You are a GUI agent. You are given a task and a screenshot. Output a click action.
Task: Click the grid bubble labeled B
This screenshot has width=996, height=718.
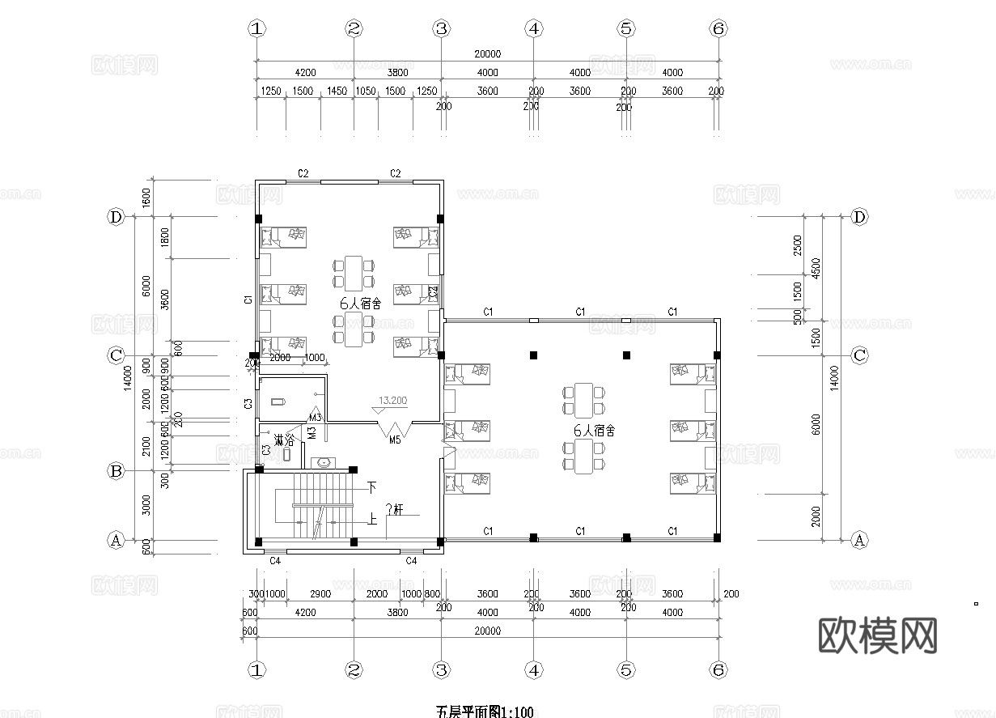(x=116, y=470)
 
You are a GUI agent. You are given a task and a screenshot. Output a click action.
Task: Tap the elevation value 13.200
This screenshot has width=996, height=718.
(x=392, y=401)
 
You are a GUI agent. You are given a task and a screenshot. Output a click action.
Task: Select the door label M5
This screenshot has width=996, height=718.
(x=395, y=440)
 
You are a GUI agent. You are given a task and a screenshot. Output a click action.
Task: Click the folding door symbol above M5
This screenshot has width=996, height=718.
(x=396, y=429)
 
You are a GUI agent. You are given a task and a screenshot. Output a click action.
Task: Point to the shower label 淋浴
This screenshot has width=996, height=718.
(x=284, y=440)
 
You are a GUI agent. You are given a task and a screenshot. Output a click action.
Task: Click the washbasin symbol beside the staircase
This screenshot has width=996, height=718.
(x=324, y=463)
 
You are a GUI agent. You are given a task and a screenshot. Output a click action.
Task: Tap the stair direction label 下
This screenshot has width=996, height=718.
(x=372, y=487)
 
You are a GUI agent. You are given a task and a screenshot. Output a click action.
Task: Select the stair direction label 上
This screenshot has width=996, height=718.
(x=372, y=520)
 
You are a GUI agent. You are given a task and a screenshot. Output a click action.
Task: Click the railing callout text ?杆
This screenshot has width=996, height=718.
(x=394, y=510)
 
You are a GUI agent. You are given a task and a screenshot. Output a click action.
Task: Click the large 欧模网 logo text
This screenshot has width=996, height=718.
(x=879, y=635)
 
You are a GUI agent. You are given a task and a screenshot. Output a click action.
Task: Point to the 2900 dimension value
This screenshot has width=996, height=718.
(x=320, y=594)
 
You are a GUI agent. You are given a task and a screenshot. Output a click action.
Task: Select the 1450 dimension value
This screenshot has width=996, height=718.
(x=337, y=91)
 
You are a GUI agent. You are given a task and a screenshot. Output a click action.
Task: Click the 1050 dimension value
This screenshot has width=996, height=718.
(x=366, y=91)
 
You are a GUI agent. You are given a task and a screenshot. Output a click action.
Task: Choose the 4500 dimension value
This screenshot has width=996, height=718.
(x=816, y=267)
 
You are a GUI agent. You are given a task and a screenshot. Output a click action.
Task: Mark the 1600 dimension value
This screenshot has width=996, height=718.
(x=146, y=197)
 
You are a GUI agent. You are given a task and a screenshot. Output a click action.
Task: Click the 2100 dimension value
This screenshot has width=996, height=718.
(x=146, y=445)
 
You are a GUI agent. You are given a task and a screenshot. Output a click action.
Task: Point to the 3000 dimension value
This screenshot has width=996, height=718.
(x=146, y=505)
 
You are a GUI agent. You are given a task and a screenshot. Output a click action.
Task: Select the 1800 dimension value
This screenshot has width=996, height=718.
(x=165, y=237)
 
